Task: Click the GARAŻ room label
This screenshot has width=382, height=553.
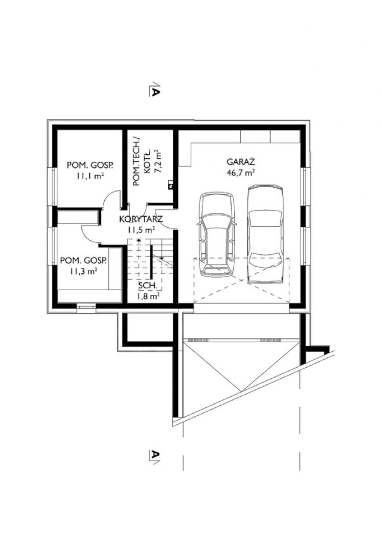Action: [x=240, y=162]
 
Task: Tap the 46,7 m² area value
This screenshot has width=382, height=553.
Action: [x=241, y=173]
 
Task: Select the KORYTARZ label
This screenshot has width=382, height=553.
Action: [x=141, y=219]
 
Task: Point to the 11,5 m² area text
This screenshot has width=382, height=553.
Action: [x=141, y=230]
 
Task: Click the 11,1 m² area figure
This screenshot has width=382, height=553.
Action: [x=90, y=176]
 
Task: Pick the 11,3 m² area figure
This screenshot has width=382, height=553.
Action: [x=83, y=271]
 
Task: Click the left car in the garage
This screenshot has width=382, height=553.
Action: [x=216, y=233]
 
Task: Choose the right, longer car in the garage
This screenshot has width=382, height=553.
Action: [x=265, y=233]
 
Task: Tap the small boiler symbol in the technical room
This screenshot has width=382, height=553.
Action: [x=170, y=184]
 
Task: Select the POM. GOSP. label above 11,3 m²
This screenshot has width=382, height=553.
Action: [x=83, y=261]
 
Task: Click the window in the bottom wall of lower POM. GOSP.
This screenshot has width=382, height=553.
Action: [x=86, y=307]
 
